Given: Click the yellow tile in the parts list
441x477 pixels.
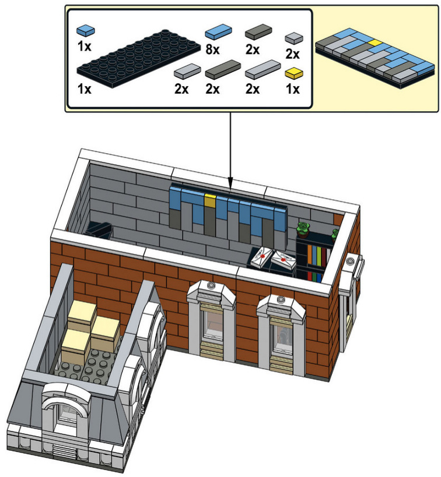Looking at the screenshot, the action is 294,73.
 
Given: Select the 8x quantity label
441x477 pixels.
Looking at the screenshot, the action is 212,49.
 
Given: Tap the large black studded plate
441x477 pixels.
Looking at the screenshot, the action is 139,58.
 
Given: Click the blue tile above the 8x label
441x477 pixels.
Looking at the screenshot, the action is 218,31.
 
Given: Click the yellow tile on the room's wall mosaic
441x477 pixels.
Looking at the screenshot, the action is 210,200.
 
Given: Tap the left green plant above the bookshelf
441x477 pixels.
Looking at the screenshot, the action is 303,229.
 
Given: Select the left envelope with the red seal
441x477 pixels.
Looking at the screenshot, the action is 261,257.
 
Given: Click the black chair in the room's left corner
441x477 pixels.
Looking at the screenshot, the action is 99,229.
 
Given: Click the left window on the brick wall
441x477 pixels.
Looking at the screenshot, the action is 212,322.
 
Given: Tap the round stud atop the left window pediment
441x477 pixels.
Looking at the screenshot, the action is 211,285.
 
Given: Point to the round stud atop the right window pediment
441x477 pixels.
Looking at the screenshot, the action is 281,299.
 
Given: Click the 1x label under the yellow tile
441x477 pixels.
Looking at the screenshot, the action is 293,89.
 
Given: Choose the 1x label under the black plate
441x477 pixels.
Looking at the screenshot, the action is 85,89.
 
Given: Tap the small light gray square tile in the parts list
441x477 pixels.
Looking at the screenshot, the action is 294,38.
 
